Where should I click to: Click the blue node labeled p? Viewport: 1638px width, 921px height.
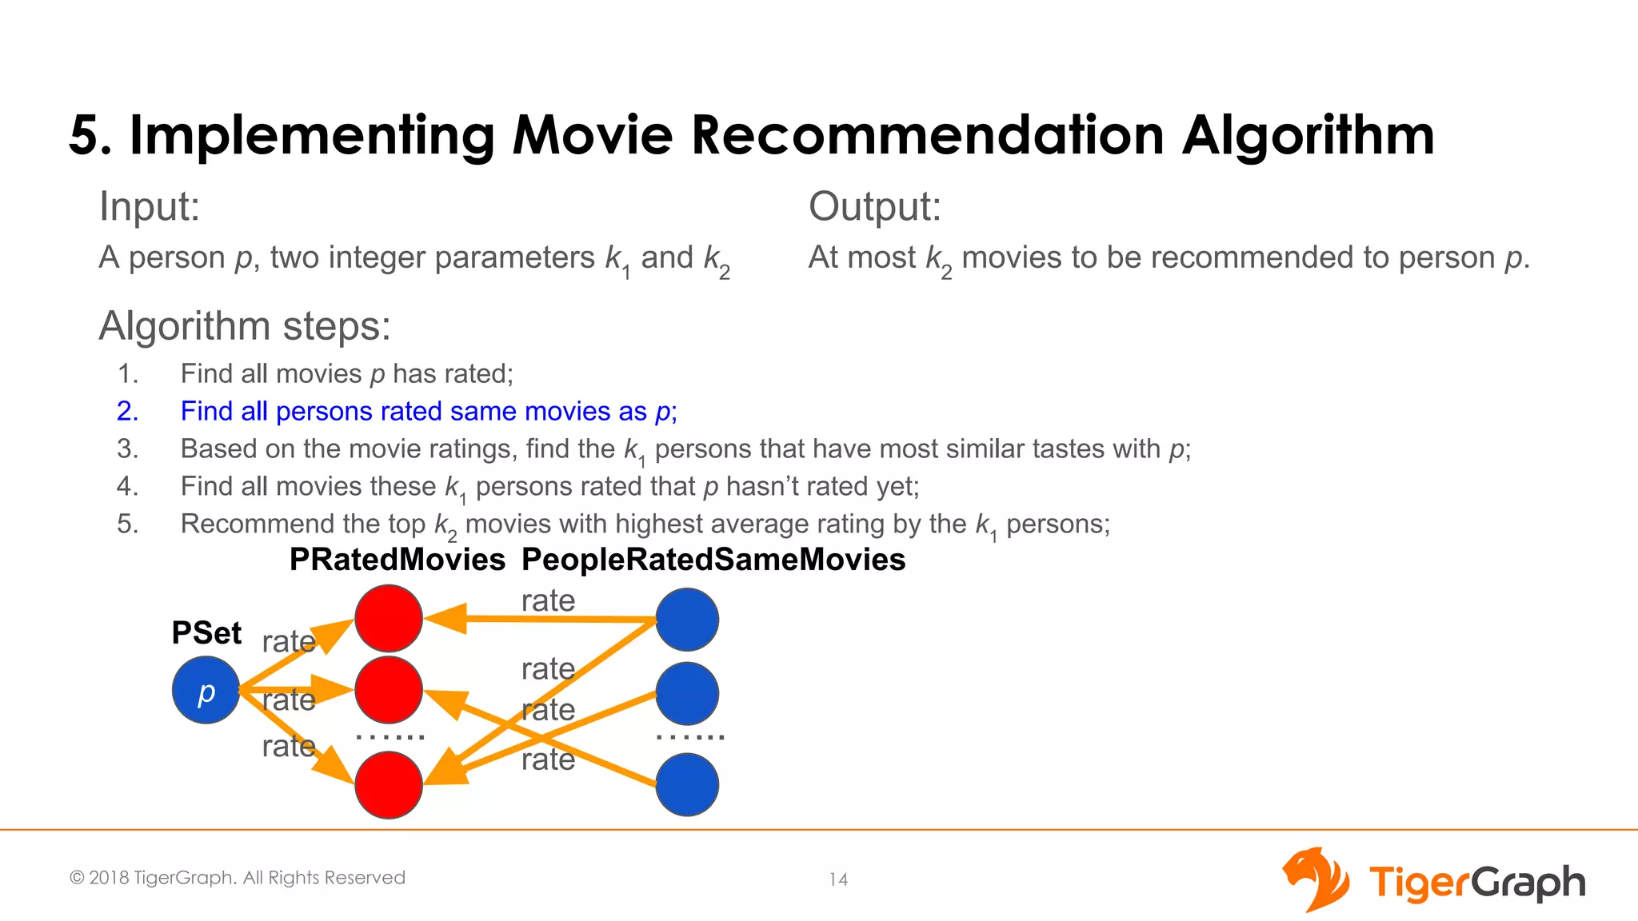point(206,690)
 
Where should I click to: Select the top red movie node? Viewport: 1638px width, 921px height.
point(389,618)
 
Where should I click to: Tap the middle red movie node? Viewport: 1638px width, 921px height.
point(389,689)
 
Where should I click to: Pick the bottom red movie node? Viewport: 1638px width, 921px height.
point(389,784)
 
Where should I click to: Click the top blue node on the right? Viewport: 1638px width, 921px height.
point(687,620)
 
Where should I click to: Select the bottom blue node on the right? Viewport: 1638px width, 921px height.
point(687,784)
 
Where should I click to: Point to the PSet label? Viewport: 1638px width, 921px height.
point(206,633)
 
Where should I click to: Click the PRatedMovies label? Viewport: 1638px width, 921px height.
point(397,560)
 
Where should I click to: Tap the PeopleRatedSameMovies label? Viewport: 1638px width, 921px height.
point(713,560)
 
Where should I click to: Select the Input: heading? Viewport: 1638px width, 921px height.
point(149,207)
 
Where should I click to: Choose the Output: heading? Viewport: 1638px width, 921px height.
point(874,207)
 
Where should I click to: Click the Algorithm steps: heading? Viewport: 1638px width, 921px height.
point(245,326)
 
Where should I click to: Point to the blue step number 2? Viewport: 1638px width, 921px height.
point(128,411)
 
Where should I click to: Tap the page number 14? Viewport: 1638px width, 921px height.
point(838,879)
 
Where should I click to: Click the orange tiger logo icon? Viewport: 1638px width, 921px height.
point(1316,879)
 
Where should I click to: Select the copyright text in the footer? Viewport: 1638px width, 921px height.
point(238,878)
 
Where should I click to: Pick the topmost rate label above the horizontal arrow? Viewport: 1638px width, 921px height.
point(548,600)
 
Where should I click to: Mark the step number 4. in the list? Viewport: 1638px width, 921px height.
point(128,486)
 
